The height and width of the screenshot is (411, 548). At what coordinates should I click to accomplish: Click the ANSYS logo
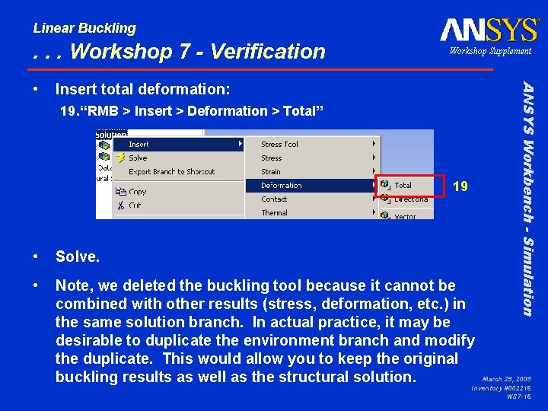click(x=489, y=30)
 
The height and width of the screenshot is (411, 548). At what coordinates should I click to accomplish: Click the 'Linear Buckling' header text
click(x=84, y=28)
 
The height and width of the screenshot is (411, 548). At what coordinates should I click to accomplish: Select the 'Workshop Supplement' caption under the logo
click(x=489, y=51)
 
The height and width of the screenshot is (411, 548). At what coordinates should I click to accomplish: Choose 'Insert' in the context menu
click(x=139, y=144)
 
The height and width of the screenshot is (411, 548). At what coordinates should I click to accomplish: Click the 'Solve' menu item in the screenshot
click(x=138, y=158)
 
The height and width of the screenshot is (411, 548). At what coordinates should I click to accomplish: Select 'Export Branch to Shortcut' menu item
click(x=171, y=171)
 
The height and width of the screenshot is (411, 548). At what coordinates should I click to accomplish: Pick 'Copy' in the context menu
click(x=138, y=192)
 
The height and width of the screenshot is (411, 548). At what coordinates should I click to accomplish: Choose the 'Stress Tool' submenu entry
click(x=279, y=144)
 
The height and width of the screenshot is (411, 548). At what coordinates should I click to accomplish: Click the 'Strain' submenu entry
click(x=271, y=171)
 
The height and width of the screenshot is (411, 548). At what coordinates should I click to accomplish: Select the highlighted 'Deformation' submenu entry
click(x=281, y=185)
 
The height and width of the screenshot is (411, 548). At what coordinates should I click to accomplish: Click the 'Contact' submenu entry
click(x=274, y=199)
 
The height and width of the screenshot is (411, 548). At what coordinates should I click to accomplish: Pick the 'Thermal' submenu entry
click(x=274, y=212)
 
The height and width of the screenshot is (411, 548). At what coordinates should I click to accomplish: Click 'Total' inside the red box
click(x=403, y=185)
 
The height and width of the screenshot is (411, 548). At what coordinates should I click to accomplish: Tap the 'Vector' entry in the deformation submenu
click(x=405, y=216)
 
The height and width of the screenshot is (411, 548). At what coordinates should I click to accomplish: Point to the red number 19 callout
click(x=460, y=186)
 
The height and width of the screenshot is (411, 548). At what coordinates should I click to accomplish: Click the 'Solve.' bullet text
click(x=78, y=257)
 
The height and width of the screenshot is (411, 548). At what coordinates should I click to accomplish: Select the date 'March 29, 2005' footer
click(x=506, y=378)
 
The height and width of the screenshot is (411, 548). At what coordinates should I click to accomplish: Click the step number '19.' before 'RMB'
click(x=68, y=111)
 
